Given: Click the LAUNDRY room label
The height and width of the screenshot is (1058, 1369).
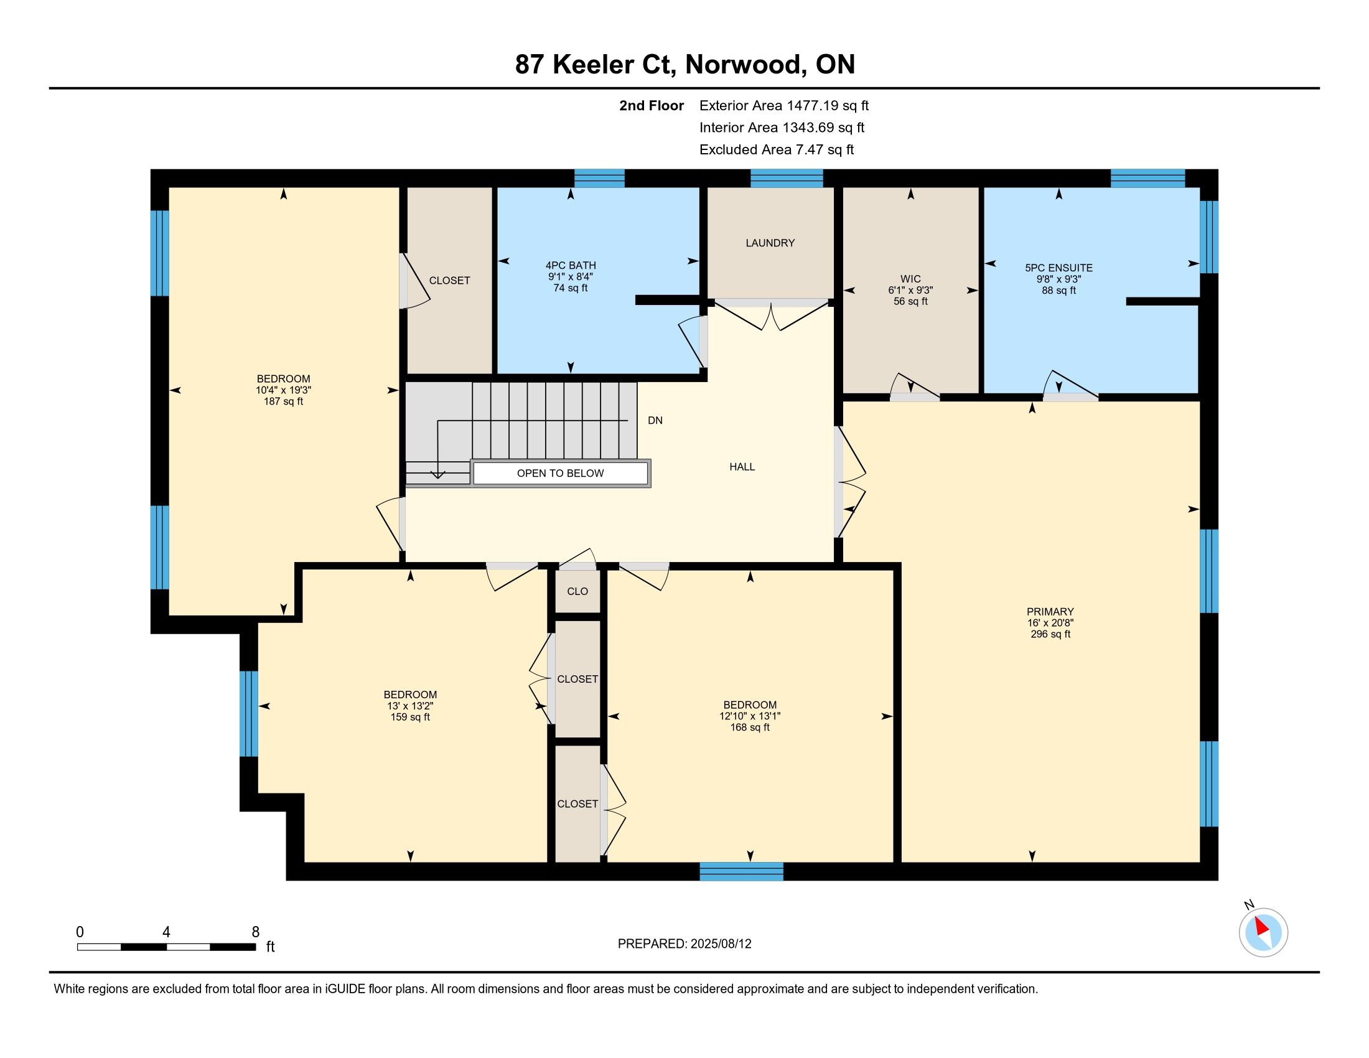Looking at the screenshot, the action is [770, 243].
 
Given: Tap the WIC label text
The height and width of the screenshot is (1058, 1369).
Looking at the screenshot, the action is [910, 279].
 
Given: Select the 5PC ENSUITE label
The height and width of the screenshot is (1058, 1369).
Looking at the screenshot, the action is [1058, 268].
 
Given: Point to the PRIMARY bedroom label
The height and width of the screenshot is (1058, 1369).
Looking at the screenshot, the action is [1050, 611].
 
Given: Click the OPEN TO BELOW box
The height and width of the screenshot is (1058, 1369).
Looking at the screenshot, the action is [561, 473].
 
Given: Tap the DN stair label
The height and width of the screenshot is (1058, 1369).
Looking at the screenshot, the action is [655, 421].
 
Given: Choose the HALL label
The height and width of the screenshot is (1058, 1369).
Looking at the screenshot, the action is [742, 466].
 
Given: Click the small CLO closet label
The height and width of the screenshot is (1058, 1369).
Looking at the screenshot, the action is [577, 591].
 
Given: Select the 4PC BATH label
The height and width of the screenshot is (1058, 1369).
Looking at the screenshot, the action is [571, 265].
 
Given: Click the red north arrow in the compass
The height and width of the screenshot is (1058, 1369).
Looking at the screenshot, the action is [1262, 926].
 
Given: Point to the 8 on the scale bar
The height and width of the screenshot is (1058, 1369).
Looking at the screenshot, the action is [255, 932].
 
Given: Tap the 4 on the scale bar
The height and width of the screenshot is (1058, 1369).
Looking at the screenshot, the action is [166, 932].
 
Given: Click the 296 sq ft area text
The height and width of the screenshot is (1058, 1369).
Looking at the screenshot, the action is [1050, 634].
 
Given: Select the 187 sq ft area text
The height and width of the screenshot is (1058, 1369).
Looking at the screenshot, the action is [283, 401].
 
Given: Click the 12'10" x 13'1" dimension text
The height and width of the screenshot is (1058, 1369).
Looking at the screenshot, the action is [750, 716].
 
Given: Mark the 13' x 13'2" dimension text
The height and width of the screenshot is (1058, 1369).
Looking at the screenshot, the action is [410, 706].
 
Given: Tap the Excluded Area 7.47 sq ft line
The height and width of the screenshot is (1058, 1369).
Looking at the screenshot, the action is [777, 149].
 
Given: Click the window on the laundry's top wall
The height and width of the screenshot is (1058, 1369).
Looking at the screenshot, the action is [787, 179].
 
